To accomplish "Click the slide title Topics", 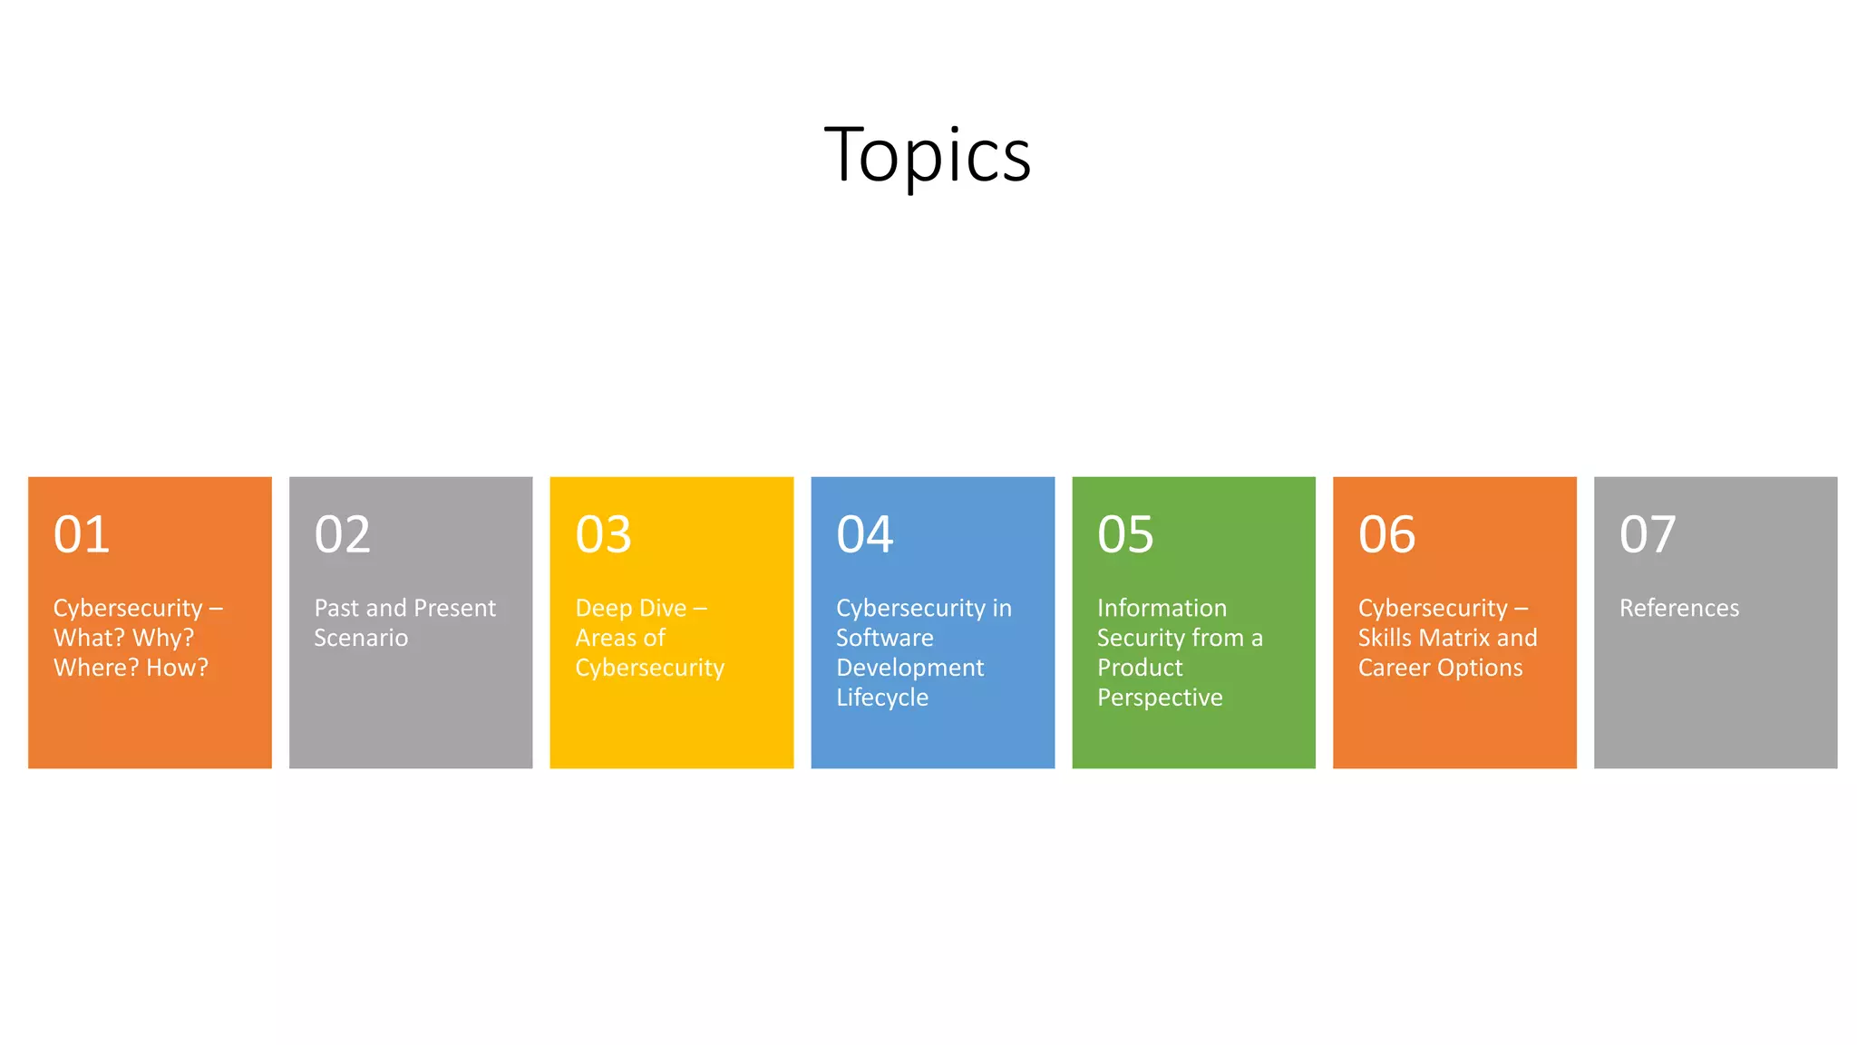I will [927, 155].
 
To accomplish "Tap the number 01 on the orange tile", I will [82, 534].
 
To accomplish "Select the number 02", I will [343, 534].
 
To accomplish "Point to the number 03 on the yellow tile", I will [604, 534].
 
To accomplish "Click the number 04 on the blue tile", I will [865, 534].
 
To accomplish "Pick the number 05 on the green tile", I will [1125, 534].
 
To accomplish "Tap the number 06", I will [1386, 534].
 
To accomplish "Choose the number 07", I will [1648, 534].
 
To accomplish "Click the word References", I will [1679, 608].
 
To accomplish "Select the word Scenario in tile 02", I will [361, 638].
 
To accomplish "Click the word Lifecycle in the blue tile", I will [882, 698].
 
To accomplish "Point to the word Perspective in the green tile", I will [1160, 698].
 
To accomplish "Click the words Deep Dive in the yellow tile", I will [631, 608].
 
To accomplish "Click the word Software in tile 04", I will [885, 638].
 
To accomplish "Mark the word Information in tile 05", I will [1162, 608].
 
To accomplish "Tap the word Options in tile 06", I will [1479, 668].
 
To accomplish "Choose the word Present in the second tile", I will [454, 608].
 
